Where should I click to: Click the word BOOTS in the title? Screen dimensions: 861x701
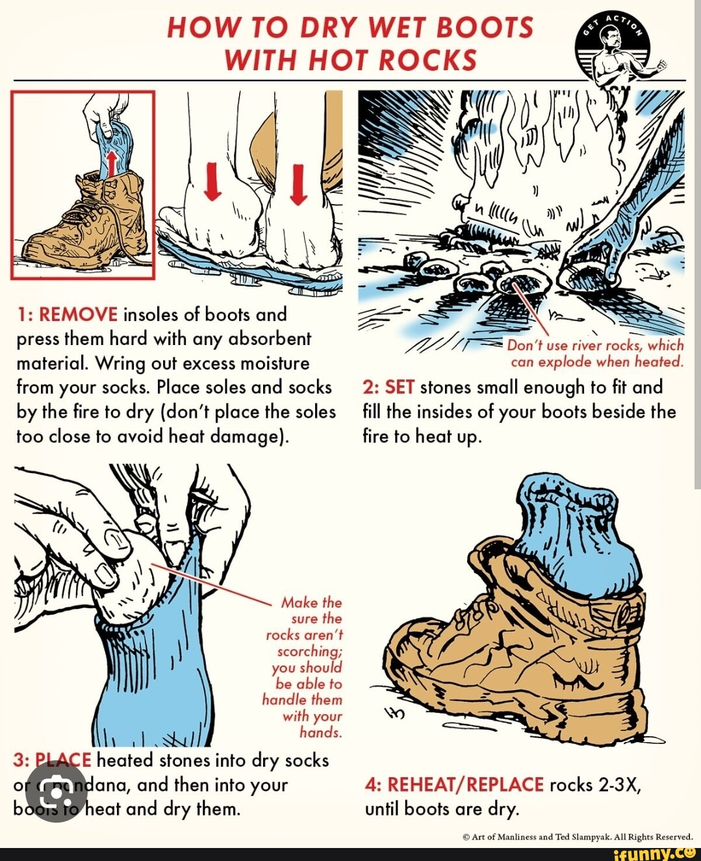click(x=485, y=28)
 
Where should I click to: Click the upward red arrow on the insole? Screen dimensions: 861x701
click(x=112, y=162)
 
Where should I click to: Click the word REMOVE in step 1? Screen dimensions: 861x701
click(x=78, y=315)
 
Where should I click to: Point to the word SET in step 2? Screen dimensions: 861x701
click(x=400, y=388)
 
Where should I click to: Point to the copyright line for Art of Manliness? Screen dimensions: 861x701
click(x=578, y=838)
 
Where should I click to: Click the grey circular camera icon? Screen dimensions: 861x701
click(x=57, y=791)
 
